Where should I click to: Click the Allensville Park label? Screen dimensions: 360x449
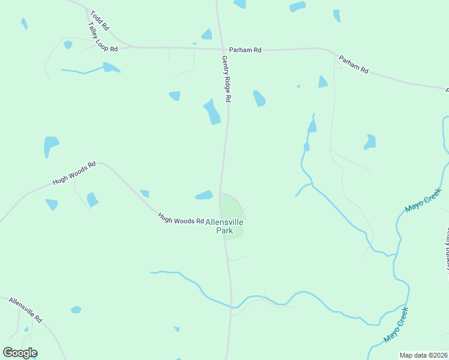(x=224, y=226)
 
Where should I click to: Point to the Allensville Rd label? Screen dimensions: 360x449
(x=25, y=310)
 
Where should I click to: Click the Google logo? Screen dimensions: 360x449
(x=20, y=353)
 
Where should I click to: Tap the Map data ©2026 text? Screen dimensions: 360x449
(x=424, y=355)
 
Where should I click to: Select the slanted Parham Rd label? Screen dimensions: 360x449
(x=353, y=64)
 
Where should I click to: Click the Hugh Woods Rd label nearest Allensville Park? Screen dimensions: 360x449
(x=181, y=218)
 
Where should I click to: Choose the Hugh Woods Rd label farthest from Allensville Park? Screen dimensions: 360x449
(x=74, y=172)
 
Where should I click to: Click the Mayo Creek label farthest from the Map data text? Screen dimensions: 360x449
(x=423, y=200)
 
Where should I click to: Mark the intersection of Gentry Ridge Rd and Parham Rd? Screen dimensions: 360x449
(x=220, y=49)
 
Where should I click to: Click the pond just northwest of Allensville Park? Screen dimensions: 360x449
(x=204, y=195)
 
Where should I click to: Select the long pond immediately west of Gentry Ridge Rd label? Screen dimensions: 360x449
(x=212, y=112)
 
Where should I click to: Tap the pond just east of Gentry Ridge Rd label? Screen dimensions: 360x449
(x=259, y=98)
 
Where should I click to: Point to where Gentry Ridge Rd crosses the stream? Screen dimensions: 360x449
(x=231, y=307)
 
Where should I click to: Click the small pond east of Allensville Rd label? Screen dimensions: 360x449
(x=76, y=310)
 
